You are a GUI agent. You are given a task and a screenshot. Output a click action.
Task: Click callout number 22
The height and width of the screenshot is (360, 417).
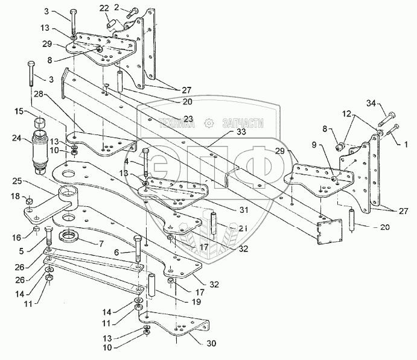click(x=104, y=7)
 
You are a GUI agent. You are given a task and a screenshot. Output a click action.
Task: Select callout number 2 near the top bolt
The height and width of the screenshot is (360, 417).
click(x=118, y=7)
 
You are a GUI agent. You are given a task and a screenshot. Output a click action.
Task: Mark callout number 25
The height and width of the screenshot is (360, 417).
click(x=17, y=180)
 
